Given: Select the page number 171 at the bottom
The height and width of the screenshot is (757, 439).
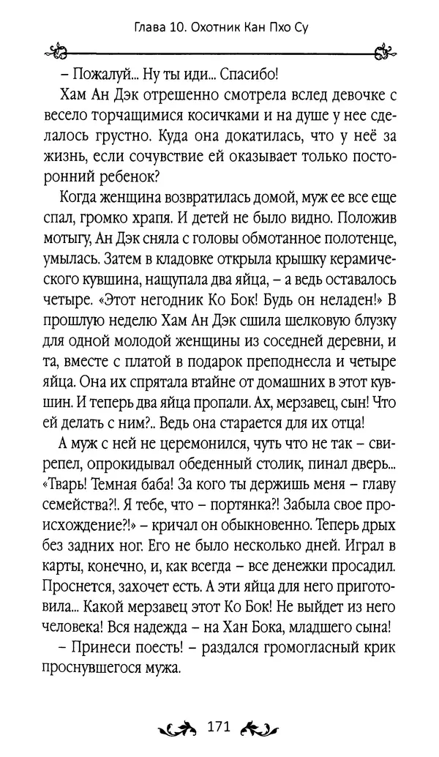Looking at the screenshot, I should pyautogui.click(x=219, y=726).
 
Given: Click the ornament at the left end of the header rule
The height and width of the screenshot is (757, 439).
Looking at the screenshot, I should pyautogui.click(x=55, y=53).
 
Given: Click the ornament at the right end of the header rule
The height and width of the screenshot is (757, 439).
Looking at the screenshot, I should pyautogui.click(x=383, y=53).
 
